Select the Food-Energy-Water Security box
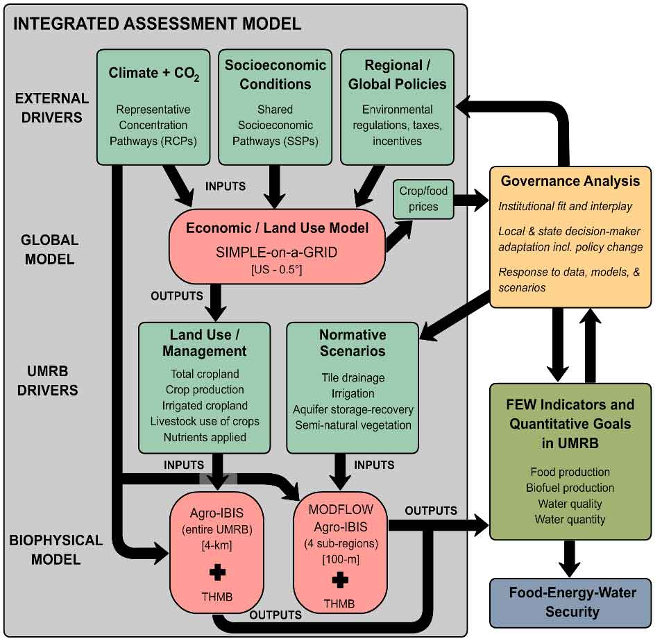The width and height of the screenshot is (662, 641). [x=572, y=601]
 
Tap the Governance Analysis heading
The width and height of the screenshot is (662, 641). [x=570, y=181]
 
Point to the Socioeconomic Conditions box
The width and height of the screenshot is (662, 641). [x=275, y=106]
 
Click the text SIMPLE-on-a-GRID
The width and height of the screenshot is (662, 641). [x=276, y=252]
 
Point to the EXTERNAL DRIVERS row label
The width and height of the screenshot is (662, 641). [x=52, y=108]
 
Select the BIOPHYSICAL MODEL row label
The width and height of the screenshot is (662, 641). [x=57, y=549]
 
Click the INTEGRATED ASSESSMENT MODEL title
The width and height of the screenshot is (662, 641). [x=157, y=24]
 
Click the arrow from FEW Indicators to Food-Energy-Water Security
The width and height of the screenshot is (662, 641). [x=570, y=557]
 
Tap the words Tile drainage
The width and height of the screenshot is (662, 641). [x=353, y=377]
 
